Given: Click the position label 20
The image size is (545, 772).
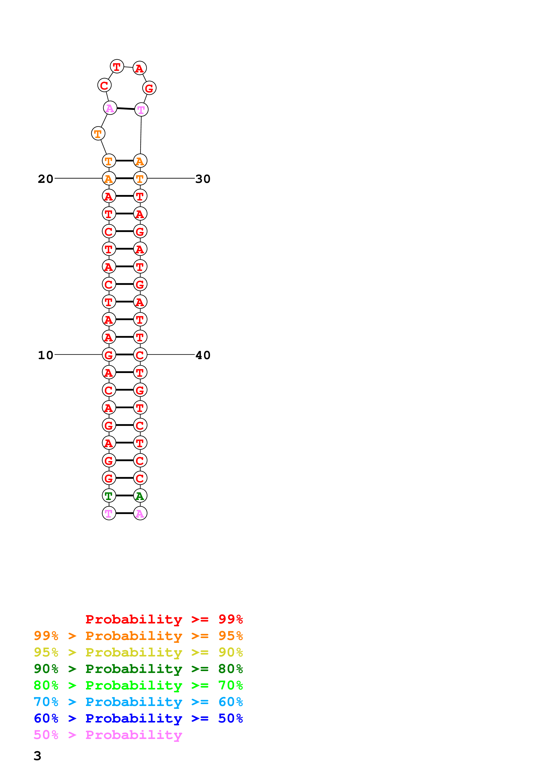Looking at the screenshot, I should click(x=45, y=179).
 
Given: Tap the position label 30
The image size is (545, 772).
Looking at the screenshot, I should click(x=203, y=179).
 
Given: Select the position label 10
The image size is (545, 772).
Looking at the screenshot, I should click(x=45, y=355).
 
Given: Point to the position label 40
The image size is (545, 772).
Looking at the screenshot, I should click(x=203, y=355).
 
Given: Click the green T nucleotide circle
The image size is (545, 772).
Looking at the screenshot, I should click(x=109, y=496).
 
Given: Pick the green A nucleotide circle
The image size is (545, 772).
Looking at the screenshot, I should click(x=140, y=496).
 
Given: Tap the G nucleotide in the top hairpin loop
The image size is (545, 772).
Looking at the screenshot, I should click(x=149, y=88).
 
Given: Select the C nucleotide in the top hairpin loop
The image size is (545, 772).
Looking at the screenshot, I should click(x=104, y=85).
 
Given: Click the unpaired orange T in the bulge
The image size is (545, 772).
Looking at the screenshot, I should click(x=98, y=134).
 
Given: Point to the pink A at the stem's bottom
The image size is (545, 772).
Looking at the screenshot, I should click(x=140, y=513).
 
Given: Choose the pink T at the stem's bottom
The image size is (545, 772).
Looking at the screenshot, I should click(x=109, y=513).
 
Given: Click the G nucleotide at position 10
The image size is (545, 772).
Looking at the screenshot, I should click(x=109, y=355).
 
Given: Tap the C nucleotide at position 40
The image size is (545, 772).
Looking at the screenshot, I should click(x=140, y=355).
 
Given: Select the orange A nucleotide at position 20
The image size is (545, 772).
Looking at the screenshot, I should click(x=109, y=178).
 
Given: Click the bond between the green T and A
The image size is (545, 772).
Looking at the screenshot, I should click(x=125, y=496).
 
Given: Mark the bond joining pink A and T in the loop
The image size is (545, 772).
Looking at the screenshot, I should click(x=126, y=109).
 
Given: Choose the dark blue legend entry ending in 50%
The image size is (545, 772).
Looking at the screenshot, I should click(x=138, y=719).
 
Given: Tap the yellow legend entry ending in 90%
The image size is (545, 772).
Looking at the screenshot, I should click(x=138, y=652).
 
